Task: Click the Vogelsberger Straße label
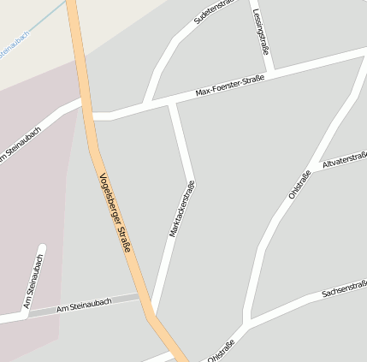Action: tap(115, 212)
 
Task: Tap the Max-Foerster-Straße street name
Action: tap(229, 85)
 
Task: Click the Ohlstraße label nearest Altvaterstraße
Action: tap(299, 185)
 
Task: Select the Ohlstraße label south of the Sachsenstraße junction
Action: tap(221, 351)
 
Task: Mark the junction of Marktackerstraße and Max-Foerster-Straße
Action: tap(174, 101)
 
